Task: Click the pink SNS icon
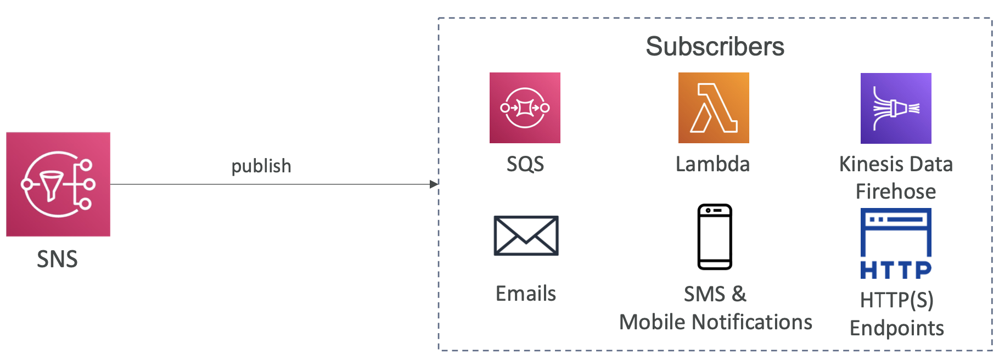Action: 58,184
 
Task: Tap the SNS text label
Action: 57,259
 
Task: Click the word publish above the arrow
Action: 261,166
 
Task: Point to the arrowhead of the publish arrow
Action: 434,184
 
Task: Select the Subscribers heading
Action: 715,47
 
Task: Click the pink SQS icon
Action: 525,108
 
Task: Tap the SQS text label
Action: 525,164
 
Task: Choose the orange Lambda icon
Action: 714,108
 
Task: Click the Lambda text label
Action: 712,164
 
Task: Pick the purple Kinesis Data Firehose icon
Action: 896,108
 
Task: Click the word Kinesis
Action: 867,164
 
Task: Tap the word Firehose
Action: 896,192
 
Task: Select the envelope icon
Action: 526,235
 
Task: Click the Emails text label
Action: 525,294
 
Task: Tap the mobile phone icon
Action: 715,237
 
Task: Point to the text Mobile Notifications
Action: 715,322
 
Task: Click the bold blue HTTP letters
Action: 896,270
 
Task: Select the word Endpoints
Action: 897,328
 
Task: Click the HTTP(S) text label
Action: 897,300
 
